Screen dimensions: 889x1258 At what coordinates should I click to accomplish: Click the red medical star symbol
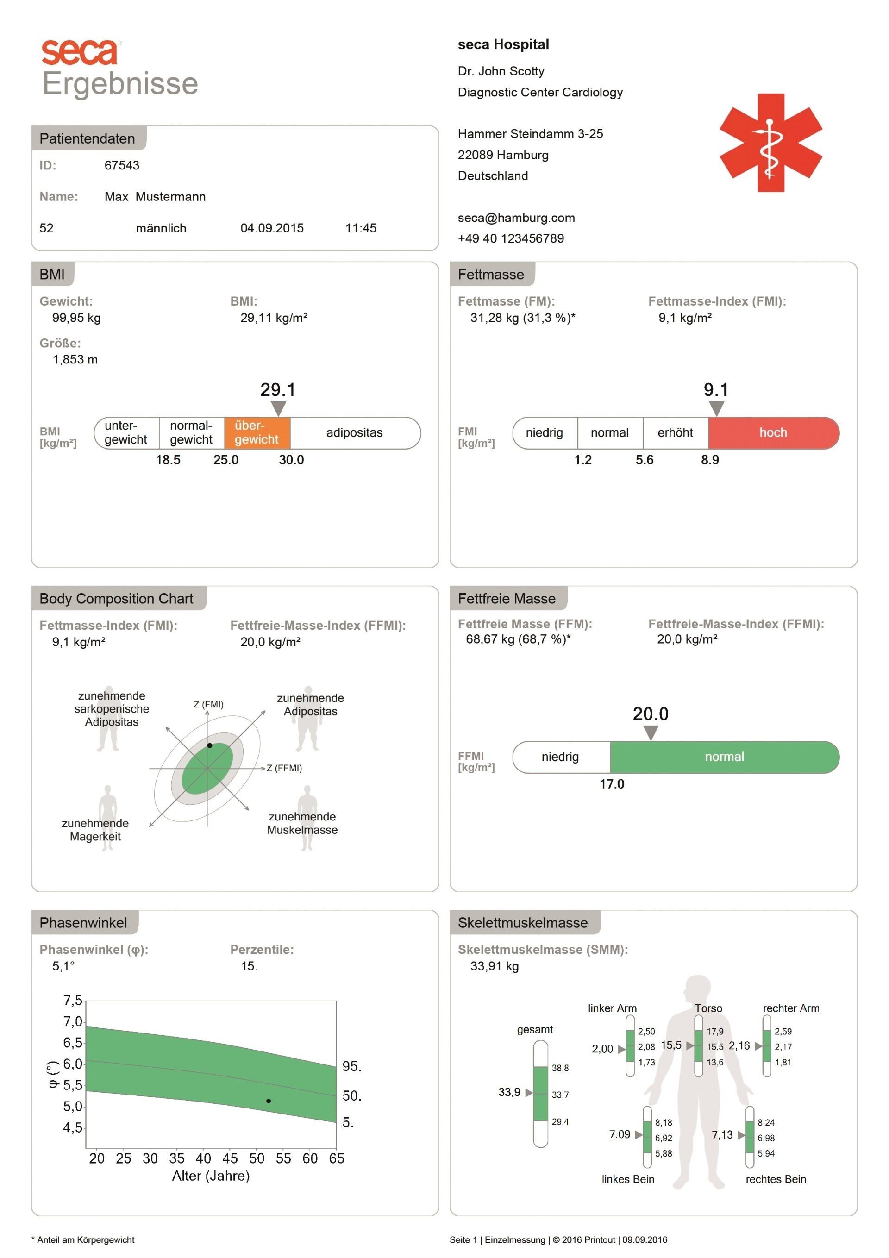(x=770, y=143)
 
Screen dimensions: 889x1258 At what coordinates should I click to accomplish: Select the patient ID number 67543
(x=122, y=165)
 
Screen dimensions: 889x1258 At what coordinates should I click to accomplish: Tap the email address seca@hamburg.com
(x=516, y=218)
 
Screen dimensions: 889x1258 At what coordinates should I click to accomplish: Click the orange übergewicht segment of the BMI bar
(x=257, y=433)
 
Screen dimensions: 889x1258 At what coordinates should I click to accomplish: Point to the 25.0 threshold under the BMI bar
(x=226, y=460)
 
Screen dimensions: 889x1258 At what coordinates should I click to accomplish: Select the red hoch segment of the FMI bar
(x=773, y=433)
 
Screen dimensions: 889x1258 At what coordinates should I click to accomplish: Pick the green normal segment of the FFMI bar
(x=724, y=757)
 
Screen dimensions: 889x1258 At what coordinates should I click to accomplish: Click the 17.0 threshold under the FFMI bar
(x=612, y=784)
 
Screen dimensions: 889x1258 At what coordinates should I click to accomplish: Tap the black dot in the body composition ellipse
(x=209, y=746)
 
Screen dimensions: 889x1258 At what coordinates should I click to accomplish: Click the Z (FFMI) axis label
(x=284, y=768)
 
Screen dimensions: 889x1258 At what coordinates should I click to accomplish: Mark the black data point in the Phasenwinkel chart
(x=269, y=1101)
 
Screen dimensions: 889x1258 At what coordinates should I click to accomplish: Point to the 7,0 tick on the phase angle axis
(x=73, y=1021)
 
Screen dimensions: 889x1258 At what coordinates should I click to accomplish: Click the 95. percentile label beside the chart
(x=352, y=1066)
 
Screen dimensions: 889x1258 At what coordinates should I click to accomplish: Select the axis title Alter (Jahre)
(x=211, y=1176)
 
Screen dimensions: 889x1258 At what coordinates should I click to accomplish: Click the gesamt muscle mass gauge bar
(x=540, y=1094)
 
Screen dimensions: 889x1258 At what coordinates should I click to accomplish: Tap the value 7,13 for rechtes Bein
(x=722, y=1134)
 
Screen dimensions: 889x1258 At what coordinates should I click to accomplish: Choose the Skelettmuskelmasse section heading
(x=523, y=923)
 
